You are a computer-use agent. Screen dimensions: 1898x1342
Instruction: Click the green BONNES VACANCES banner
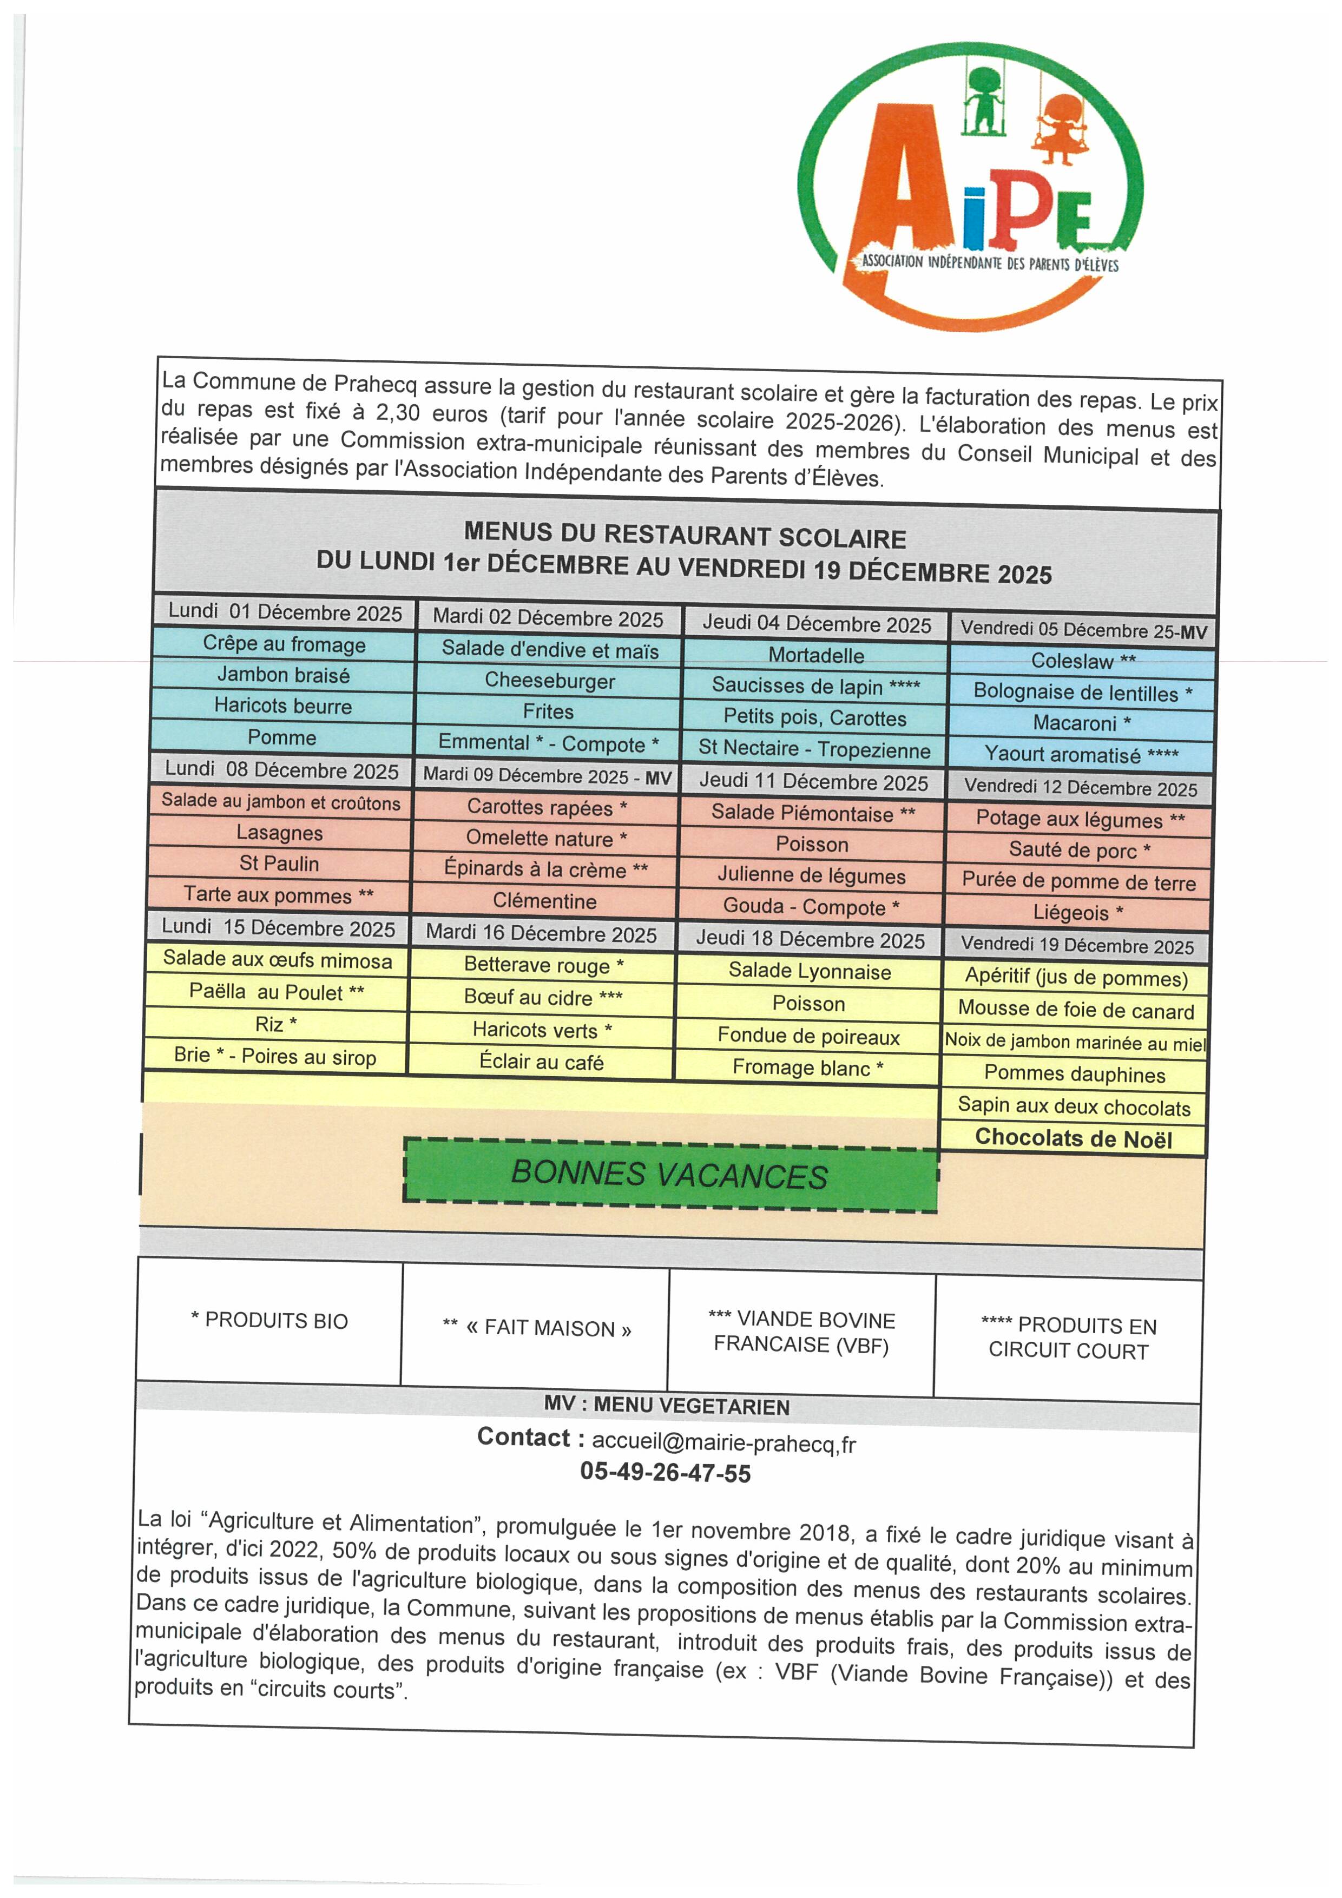coord(670,1175)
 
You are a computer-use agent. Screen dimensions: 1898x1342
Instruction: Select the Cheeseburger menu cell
coord(550,681)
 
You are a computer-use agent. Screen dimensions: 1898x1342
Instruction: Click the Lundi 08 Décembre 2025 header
coord(281,769)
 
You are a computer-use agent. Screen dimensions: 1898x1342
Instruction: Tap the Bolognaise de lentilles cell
coord(1082,693)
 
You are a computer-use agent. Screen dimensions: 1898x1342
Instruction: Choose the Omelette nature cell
coord(547,838)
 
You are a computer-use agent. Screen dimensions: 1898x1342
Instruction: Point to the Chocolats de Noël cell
coord(1073,1138)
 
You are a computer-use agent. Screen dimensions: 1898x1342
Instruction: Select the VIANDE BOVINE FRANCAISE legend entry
coord(801,1333)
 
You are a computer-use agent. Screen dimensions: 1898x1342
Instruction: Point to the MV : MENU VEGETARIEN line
coord(667,1406)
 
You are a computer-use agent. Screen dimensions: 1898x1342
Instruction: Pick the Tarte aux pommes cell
coord(279,895)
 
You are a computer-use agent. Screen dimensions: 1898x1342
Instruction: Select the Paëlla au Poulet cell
coord(276,992)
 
